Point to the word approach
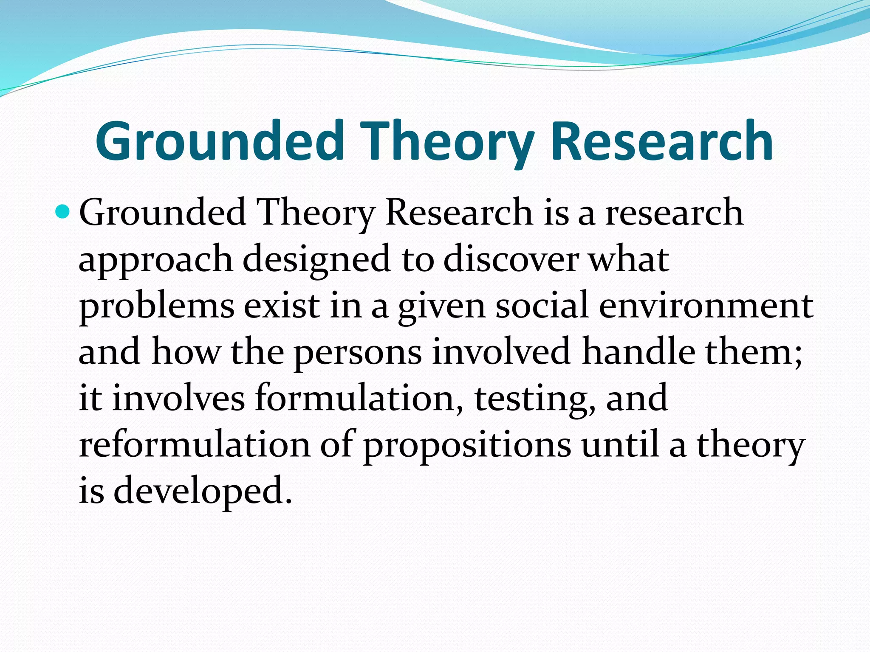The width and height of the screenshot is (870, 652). (x=155, y=260)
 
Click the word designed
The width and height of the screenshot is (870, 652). (x=316, y=260)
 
